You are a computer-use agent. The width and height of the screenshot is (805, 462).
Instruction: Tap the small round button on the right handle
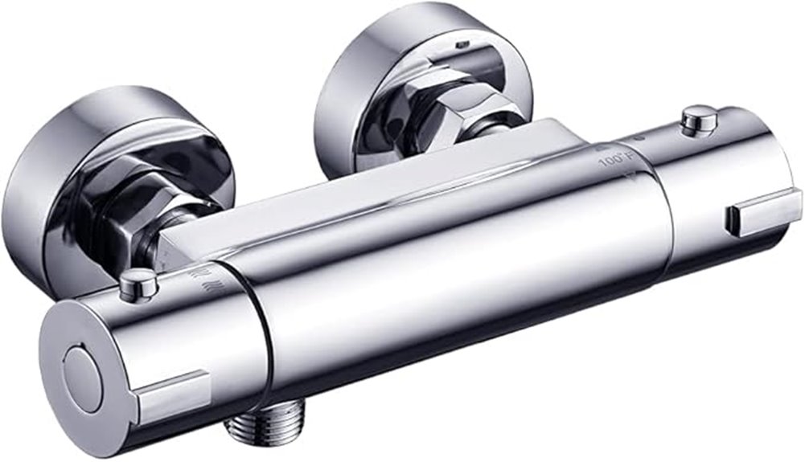pyautogui.click(x=698, y=120)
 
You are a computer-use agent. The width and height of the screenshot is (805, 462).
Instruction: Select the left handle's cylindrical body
pyautogui.click(x=201, y=337)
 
